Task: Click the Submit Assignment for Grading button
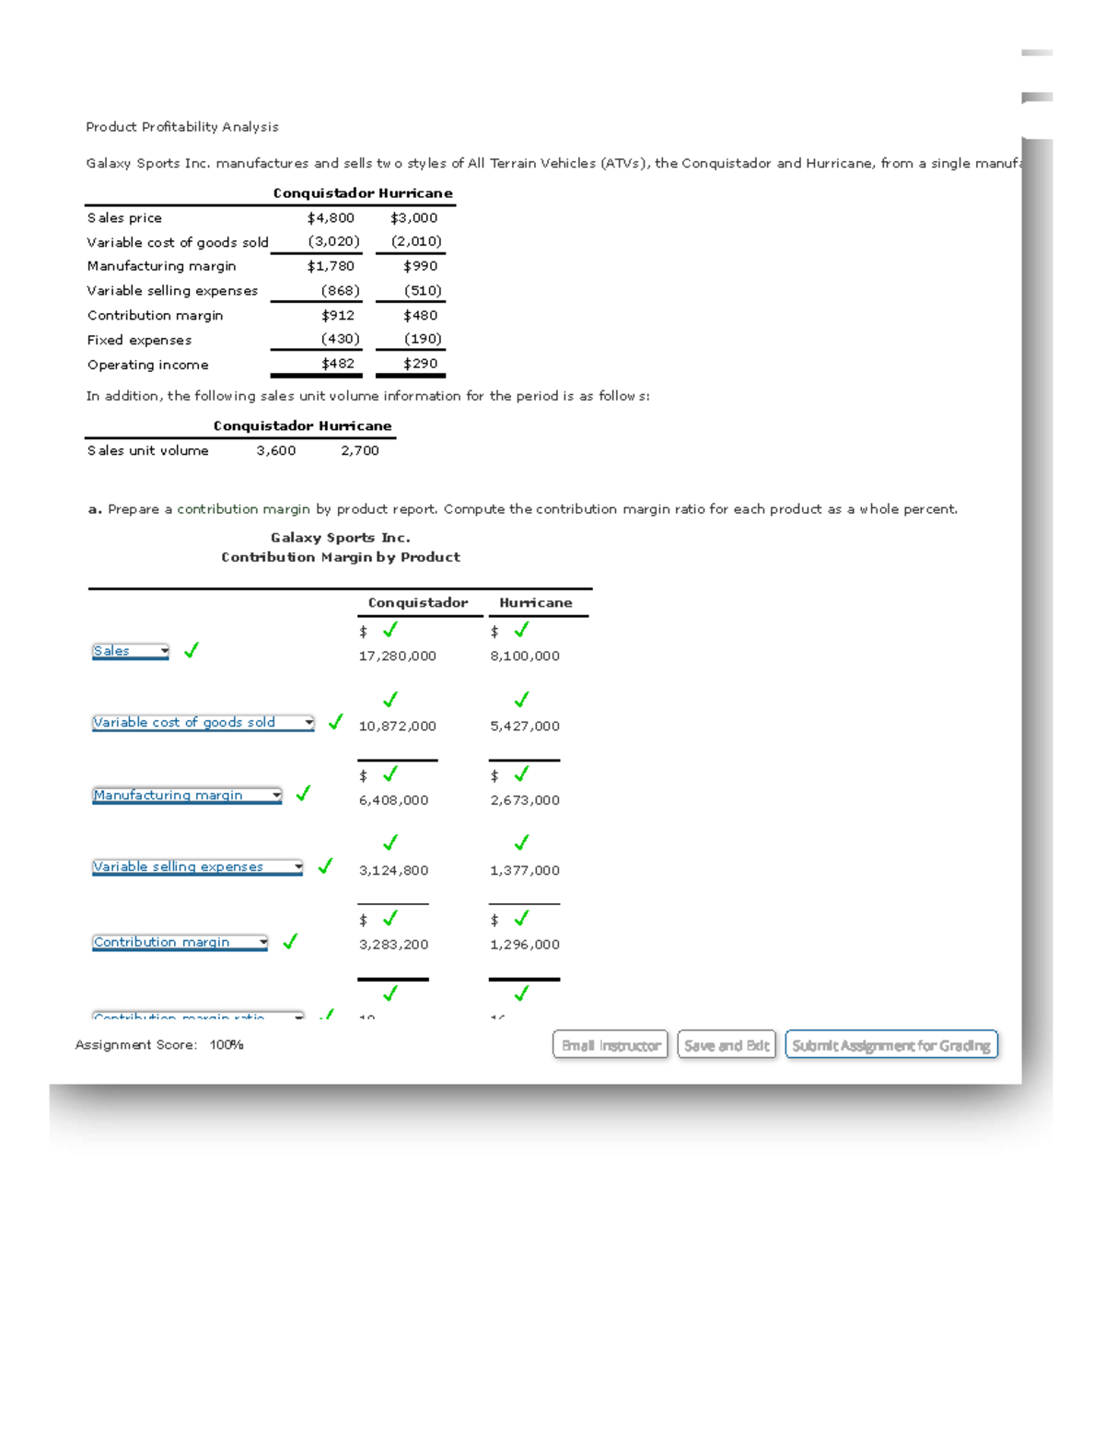coord(891,1045)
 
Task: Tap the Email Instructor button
coord(611,1045)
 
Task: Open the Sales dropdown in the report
coord(130,651)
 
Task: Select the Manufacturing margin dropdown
coord(187,796)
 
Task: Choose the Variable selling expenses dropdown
coord(197,867)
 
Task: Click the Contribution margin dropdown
coord(180,942)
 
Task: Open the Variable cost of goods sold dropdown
coord(203,723)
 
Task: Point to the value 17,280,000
coord(397,657)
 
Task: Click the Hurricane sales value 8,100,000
coord(525,657)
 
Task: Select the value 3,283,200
coord(393,945)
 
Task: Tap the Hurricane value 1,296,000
coord(525,945)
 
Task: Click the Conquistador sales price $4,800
coord(331,218)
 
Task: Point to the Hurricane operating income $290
coord(420,364)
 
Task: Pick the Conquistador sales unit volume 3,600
coord(276,451)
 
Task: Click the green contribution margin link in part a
coord(243,509)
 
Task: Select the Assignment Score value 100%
coord(227,1045)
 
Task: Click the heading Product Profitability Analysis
coord(182,127)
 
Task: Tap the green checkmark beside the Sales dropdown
coord(192,650)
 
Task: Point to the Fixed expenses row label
coord(139,341)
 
